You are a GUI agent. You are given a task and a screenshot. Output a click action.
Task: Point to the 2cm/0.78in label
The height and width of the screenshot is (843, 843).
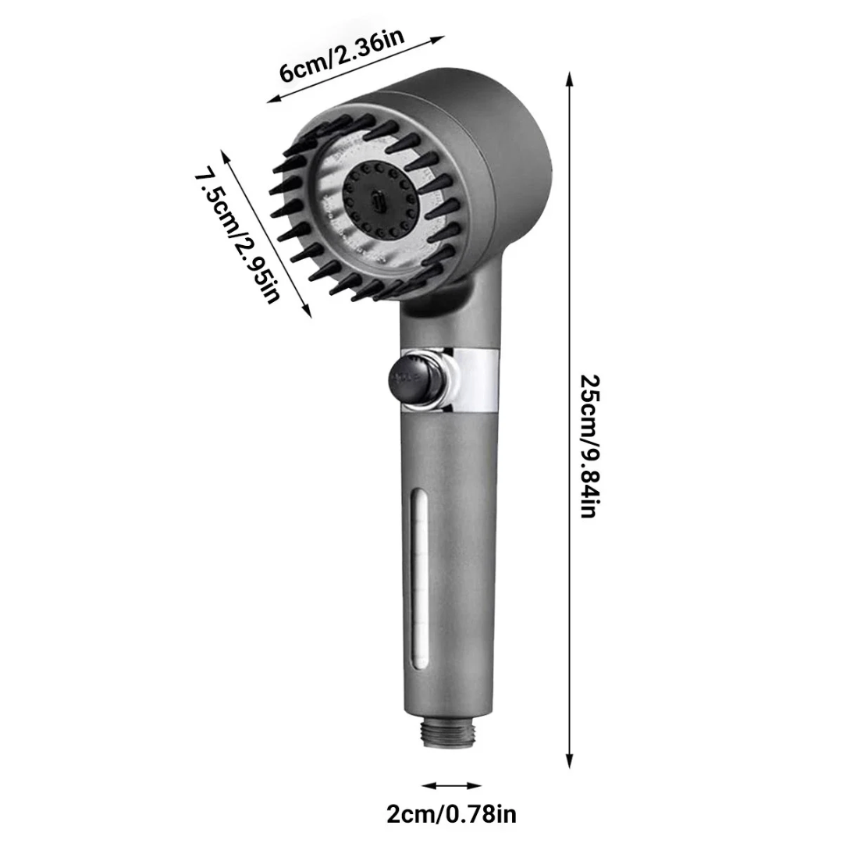pyautogui.click(x=451, y=814)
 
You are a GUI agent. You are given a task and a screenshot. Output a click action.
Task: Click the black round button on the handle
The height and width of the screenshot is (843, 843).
pyautogui.click(x=413, y=379)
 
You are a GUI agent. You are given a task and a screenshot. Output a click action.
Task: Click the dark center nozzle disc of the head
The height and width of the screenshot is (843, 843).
pyautogui.click(x=378, y=200)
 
